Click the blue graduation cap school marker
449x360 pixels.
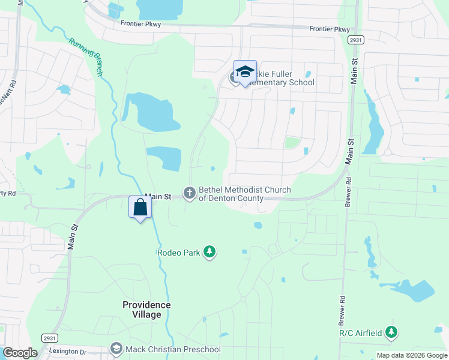pyautogui.click(x=245, y=72)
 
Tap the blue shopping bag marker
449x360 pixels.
pyautogui.click(x=140, y=208)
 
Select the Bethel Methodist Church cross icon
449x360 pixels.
pyautogui.click(x=190, y=193)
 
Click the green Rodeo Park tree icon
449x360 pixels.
pyautogui.click(x=209, y=252)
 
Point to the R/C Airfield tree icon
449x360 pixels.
pyautogui.click(x=391, y=332)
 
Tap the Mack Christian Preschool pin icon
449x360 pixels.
pyautogui.click(x=116, y=349)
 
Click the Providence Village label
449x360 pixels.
pyautogui.click(x=146, y=310)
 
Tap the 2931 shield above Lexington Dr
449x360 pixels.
pyautogui.click(x=50, y=338)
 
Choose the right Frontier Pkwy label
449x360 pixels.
pyautogui.click(x=330, y=29)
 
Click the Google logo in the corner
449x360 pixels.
pyautogui.click(x=20, y=353)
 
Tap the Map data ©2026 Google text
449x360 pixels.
pyautogui.click(x=412, y=355)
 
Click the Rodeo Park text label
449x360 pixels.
pyautogui.click(x=178, y=253)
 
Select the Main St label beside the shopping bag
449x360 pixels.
pyautogui.click(x=158, y=196)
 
